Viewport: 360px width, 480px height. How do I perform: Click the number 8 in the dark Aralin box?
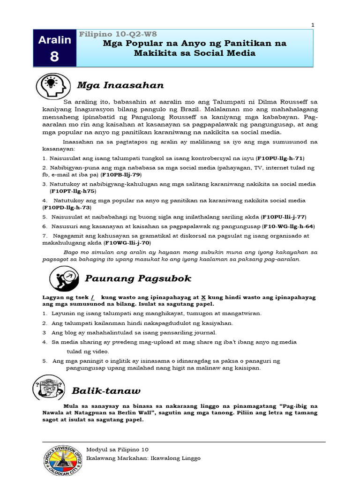tap(54, 56)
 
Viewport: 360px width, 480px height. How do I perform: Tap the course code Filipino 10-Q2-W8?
tap(118, 34)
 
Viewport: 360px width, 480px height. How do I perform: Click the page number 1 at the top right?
tap(313, 25)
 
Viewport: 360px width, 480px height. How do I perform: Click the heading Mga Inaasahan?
tap(120, 85)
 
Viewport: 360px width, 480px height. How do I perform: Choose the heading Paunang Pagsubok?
tap(138, 278)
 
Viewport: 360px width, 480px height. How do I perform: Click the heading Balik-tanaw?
tap(106, 390)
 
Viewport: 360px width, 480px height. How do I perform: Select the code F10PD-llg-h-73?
tap(67, 207)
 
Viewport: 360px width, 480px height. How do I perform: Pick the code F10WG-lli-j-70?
tap(127, 243)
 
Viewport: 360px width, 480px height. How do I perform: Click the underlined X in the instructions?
tap(203, 298)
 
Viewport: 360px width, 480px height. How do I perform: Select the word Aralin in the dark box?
tap(54, 40)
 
